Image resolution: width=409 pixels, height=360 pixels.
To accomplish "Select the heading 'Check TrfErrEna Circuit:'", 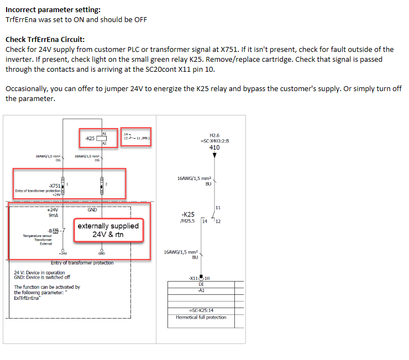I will (45, 40).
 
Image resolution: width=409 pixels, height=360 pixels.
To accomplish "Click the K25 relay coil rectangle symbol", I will (101, 138).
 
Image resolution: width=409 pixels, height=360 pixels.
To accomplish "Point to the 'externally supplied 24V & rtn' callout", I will (108, 230).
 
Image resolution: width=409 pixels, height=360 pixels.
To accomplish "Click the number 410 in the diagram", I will (214, 148).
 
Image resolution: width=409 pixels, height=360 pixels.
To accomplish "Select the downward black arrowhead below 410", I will (214, 156).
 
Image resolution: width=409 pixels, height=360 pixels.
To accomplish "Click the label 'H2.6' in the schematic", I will (214, 135).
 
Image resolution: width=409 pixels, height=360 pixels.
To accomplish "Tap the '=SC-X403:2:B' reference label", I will (214, 141).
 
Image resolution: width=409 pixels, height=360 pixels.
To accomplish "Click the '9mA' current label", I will (53, 216).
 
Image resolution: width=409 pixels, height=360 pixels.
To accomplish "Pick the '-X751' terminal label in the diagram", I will (54, 186).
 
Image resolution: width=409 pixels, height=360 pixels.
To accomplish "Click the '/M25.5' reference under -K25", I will (187, 221).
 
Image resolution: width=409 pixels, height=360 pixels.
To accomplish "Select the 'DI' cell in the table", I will (201, 284).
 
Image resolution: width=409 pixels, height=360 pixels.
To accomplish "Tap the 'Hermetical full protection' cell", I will (201, 317).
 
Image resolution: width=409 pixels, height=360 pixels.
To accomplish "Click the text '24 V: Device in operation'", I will (39, 272).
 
